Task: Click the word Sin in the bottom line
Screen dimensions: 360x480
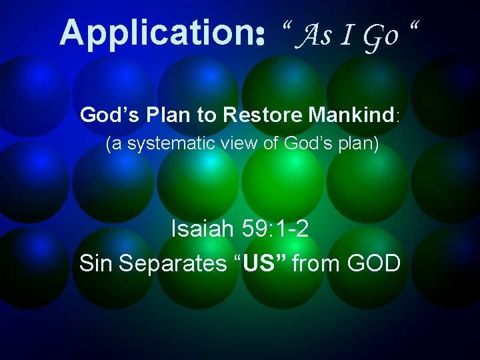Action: tap(97, 263)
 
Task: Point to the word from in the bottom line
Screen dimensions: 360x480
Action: tap(315, 263)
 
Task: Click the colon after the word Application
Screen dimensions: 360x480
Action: tap(260, 35)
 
